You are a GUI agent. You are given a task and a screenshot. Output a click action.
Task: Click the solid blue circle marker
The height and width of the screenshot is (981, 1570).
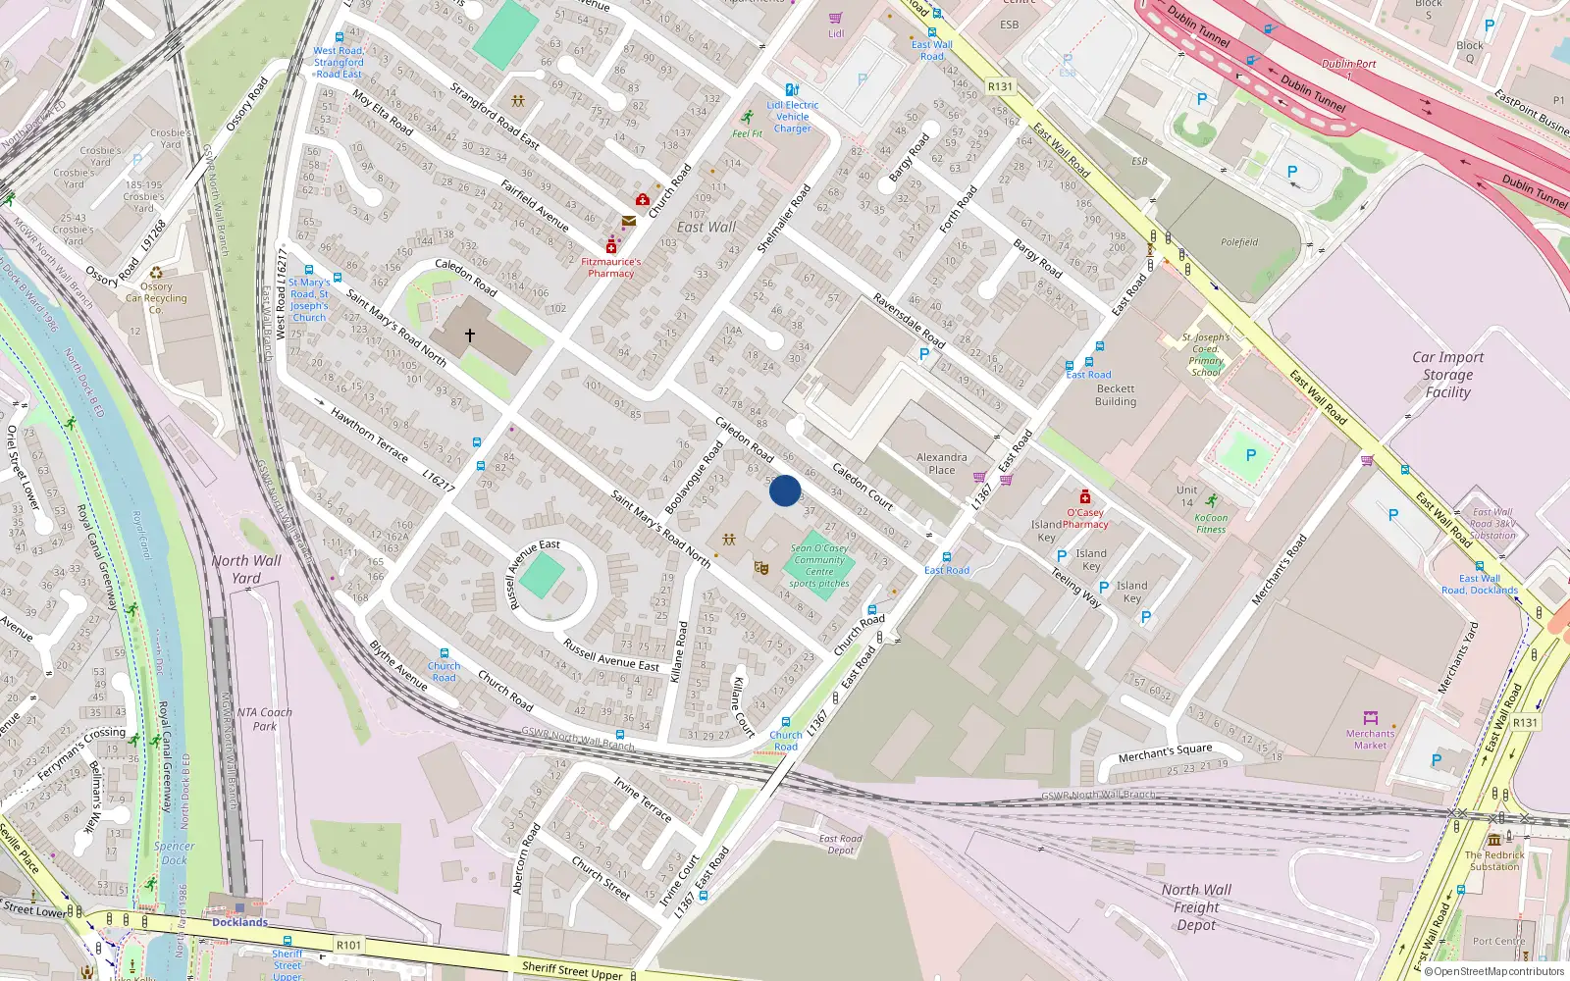click(x=785, y=490)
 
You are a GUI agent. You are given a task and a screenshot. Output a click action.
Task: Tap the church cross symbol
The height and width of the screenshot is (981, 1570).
click(x=470, y=336)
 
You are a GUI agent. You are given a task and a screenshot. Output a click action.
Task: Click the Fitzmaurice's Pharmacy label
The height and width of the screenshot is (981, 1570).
click(x=610, y=268)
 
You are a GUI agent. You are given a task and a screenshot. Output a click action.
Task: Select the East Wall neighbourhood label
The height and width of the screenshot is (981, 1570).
click(x=706, y=227)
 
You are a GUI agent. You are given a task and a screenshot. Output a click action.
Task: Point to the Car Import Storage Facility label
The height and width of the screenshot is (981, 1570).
click(x=1447, y=375)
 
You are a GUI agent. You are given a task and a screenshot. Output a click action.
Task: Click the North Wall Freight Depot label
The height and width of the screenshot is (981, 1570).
click(x=1196, y=906)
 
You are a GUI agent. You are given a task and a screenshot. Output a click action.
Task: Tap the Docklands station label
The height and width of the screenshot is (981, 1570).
click(x=239, y=922)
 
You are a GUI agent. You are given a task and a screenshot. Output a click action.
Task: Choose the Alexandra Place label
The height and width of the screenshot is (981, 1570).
click(x=941, y=463)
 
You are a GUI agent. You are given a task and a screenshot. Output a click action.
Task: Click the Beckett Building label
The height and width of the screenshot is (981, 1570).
click(x=1116, y=395)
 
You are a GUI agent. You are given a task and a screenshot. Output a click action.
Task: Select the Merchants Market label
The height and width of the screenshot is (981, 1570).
click(x=1370, y=739)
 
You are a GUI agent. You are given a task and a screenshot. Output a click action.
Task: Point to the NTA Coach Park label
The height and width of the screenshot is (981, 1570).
click(x=264, y=719)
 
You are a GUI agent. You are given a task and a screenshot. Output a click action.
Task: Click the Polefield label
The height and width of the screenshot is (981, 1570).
click(x=1239, y=242)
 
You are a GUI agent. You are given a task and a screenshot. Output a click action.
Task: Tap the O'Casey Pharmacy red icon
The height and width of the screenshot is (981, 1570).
click(x=1085, y=497)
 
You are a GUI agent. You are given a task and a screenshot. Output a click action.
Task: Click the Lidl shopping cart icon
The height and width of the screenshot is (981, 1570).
click(x=835, y=18)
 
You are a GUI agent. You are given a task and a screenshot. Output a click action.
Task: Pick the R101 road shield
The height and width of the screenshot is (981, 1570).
click(x=348, y=945)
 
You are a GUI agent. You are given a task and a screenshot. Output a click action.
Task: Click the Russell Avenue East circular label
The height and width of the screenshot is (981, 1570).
click(x=521, y=574)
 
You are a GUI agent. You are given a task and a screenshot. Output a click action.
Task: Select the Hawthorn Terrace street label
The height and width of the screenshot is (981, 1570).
click(x=369, y=435)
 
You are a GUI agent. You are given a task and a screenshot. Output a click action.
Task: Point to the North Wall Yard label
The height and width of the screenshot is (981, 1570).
click(x=246, y=569)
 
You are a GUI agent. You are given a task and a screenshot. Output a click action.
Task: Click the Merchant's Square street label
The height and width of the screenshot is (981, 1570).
click(x=1166, y=752)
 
